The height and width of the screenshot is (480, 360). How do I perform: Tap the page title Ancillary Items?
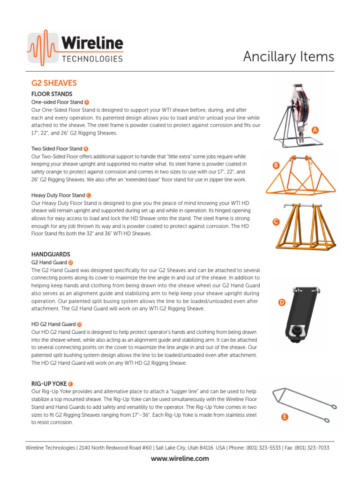point(288,57)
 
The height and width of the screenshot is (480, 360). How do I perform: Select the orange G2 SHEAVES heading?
point(54,83)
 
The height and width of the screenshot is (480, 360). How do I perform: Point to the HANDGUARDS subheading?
point(51,254)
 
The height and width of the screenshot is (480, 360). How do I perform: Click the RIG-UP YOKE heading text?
point(49,383)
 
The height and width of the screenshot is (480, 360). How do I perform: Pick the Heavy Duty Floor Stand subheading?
point(58,195)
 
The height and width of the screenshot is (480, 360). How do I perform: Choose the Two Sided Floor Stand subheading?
point(57,149)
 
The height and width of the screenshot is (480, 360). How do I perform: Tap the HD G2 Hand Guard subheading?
point(53,324)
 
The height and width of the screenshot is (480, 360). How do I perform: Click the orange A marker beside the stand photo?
point(315,130)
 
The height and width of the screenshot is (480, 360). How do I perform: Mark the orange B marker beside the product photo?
point(276,165)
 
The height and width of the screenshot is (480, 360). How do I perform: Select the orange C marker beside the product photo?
point(276,222)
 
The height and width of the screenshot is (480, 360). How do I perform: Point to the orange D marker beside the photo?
point(282,302)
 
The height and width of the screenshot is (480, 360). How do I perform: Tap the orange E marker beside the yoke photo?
point(285,416)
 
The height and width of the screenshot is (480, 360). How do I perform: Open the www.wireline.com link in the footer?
point(180,458)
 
